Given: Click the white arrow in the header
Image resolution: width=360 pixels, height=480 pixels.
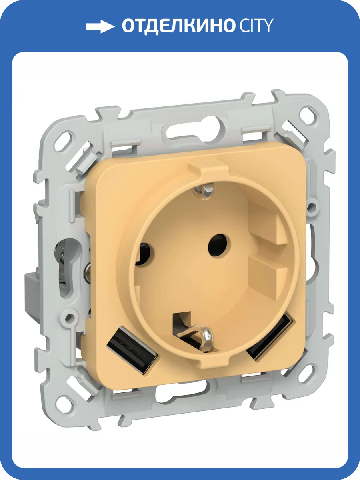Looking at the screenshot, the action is (x=100, y=27).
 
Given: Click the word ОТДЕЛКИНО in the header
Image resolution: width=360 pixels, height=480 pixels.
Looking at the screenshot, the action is (x=178, y=26).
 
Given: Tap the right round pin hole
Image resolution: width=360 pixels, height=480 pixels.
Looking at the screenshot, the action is (x=219, y=245).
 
